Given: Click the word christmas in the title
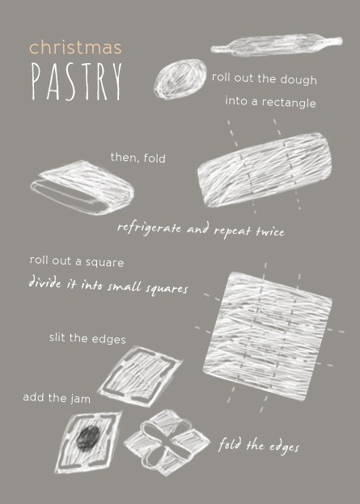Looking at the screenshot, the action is tap(75, 48).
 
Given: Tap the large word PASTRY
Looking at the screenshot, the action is tap(77, 82).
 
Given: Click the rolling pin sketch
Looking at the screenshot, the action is tap(277, 44).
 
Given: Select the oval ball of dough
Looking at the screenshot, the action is tap(180, 78).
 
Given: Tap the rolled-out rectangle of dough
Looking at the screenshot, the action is tap(265, 170).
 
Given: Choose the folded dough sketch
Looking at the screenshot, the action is tap(83, 187).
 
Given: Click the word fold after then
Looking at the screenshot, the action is tap(155, 158).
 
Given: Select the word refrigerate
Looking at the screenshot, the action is tap(149, 229).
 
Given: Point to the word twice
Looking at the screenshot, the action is tap(270, 231).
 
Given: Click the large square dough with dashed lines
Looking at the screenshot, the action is tap(268, 337).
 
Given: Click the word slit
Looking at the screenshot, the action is tap(58, 337).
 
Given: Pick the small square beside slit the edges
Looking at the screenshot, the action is tap(139, 376).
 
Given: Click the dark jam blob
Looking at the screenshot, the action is tap(87, 438).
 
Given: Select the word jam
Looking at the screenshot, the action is tap(80, 399).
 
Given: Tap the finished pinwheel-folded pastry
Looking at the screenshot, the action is tap(167, 443).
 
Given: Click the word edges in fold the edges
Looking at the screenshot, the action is tap(284, 447).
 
